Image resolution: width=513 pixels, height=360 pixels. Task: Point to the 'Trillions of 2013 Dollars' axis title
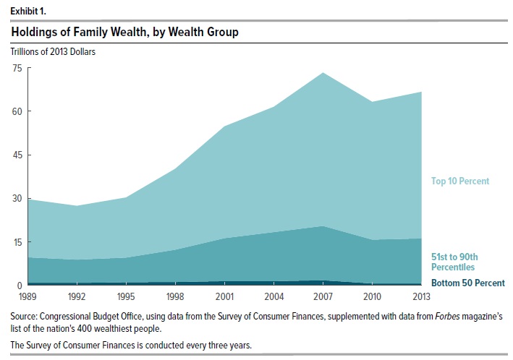(x=52, y=51)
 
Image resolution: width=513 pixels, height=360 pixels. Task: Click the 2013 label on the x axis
(x=422, y=296)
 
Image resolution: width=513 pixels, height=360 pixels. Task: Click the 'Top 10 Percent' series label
(x=460, y=181)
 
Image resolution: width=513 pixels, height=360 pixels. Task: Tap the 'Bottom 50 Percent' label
(x=467, y=283)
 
